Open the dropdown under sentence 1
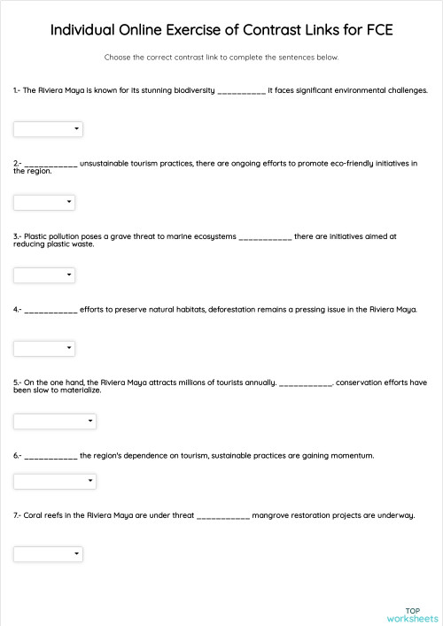(48, 129)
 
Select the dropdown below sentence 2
(44, 202)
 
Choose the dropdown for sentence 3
(44, 275)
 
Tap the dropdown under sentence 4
(44, 348)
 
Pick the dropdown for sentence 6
(54, 481)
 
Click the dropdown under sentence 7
(48, 553)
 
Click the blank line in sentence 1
(241, 91)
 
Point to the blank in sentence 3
(265, 237)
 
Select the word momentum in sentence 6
(351, 455)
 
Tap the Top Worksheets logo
(412, 614)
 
